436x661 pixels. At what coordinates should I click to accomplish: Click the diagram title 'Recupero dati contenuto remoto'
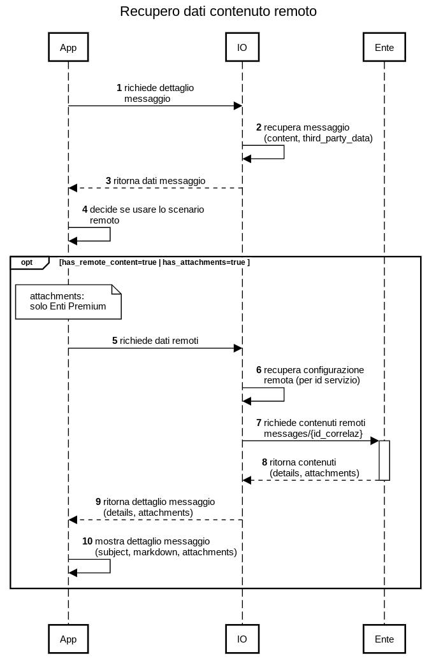tap(218, 11)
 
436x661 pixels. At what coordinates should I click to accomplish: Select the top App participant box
tap(68, 47)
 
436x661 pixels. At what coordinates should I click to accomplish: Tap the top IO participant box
tap(242, 47)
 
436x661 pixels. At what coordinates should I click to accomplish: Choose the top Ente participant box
tap(384, 47)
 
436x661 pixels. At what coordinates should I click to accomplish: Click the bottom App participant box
tap(68, 639)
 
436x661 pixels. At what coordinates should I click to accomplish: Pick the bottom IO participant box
tap(242, 639)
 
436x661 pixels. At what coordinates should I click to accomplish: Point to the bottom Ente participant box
tap(384, 639)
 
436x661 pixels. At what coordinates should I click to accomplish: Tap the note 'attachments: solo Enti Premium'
tap(68, 302)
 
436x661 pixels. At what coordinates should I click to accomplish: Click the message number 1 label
tap(119, 88)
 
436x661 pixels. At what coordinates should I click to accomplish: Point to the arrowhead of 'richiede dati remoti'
tap(238, 348)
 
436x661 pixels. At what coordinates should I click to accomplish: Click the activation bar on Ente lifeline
tap(384, 460)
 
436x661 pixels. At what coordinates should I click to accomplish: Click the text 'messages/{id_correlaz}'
tap(314, 434)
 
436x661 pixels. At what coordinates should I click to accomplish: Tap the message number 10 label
tap(87, 541)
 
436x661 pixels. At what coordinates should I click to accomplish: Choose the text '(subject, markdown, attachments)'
tap(166, 552)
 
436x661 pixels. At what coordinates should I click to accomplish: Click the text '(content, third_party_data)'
tap(318, 138)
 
